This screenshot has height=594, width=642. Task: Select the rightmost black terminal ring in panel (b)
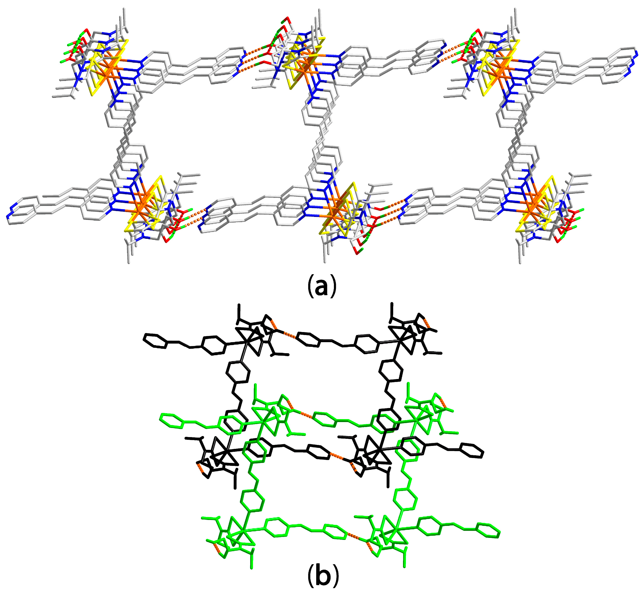(471, 451)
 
